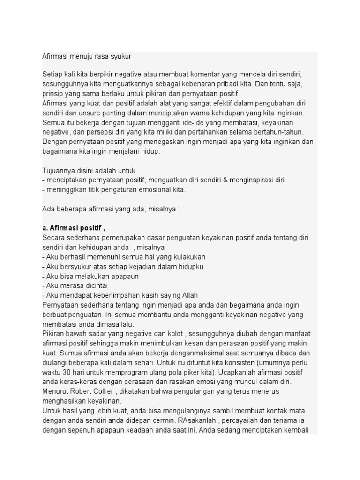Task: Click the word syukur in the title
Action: click(x=121, y=57)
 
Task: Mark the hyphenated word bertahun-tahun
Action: click(x=279, y=132)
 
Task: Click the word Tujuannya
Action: click(x=58, y=171)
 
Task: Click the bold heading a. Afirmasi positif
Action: click(x=74, y=228)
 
